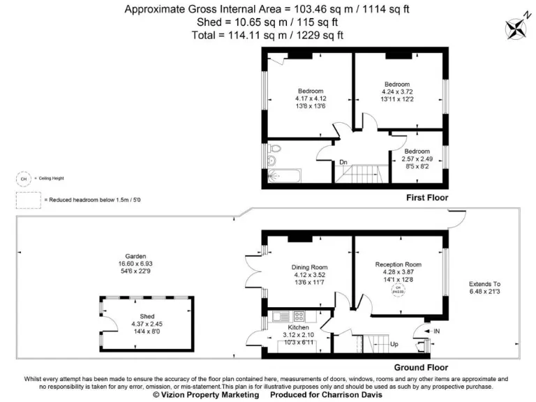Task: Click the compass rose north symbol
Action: coord(517,26)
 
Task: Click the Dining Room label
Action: coord(309,267)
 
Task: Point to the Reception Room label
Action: coord(399,265)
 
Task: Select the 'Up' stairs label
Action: coord(394,344)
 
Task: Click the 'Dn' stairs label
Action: coord(343,163)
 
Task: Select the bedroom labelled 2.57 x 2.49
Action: coord(417,151)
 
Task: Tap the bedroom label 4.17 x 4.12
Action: coord(311,91)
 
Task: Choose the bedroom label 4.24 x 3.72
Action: coord(396,84)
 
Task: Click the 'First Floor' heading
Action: coord(427,198)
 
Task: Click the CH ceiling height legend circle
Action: coord(23,179)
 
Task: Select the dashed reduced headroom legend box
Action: coord(27,200)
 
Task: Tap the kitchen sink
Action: coord(281,315)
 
